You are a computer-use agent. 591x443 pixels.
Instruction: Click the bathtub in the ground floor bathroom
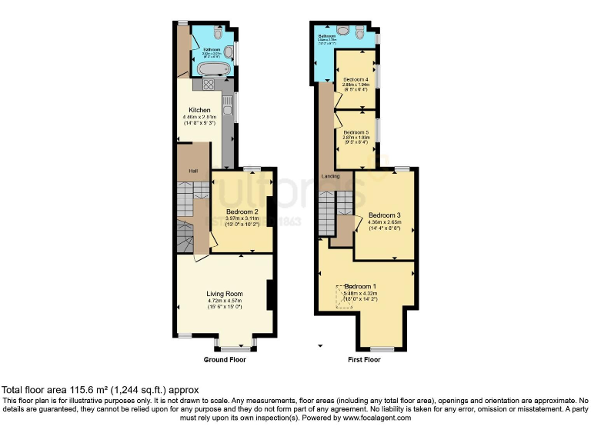pos(211,70)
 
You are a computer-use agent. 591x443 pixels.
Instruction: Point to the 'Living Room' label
pos(224,294)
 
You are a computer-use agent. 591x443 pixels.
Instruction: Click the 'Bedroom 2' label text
pos(241,211)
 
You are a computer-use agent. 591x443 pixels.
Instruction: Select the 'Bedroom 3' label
pos(385,215)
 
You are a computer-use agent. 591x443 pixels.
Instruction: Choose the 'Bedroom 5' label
pos(356,132)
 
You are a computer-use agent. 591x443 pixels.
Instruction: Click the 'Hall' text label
pos(184,170)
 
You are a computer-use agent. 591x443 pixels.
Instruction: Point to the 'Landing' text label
pos(331,176)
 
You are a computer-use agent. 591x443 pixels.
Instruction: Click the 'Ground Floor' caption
pos(224,360)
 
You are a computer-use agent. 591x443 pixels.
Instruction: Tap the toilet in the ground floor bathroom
pos(219,35)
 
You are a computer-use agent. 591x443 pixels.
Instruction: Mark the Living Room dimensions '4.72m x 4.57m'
pos(224,301)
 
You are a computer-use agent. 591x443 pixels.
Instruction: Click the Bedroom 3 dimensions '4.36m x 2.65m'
pos(385,222)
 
